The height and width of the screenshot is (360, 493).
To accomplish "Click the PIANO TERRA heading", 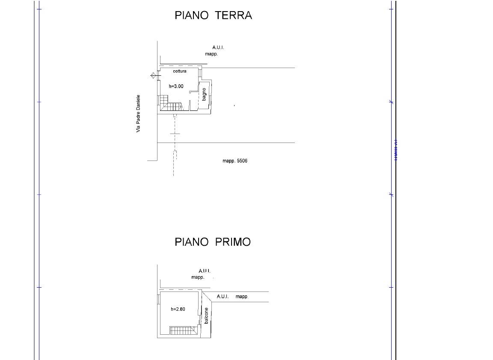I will (x=213, y=15).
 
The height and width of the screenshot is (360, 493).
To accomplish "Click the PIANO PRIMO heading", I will (x=213, y=242).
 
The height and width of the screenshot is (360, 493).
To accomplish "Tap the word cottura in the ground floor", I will (x=180, y=71).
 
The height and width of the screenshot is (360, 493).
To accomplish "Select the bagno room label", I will (x=205, y=94).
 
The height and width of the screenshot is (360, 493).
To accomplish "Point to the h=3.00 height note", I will (x=176, y=86).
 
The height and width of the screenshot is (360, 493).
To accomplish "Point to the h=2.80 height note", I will (x=178, y=309).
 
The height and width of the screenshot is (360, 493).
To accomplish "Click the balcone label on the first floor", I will (x=206, y=315).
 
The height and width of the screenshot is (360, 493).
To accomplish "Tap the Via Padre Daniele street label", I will (x=138, y=113).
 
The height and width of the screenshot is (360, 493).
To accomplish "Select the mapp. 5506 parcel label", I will (x=235, y=161).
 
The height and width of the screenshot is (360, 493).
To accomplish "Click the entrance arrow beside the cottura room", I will (x=153, y=76).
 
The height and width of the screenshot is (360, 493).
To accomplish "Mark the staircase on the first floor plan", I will (x=182, y=330).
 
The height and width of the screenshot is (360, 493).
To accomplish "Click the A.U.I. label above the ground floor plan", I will (x=218, y=48).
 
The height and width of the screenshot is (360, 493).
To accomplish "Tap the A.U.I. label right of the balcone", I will (x=223, y=297).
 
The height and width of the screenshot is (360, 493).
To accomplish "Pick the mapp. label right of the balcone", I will (x=242, y=297).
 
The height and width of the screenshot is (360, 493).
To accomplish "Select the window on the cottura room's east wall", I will (x=200, y=72).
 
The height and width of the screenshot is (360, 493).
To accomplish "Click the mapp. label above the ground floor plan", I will (x=211, y=54).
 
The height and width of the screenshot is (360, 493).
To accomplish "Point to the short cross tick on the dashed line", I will (x=175, y=134).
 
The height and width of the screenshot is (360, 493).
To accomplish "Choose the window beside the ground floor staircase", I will (x=159, y=101).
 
